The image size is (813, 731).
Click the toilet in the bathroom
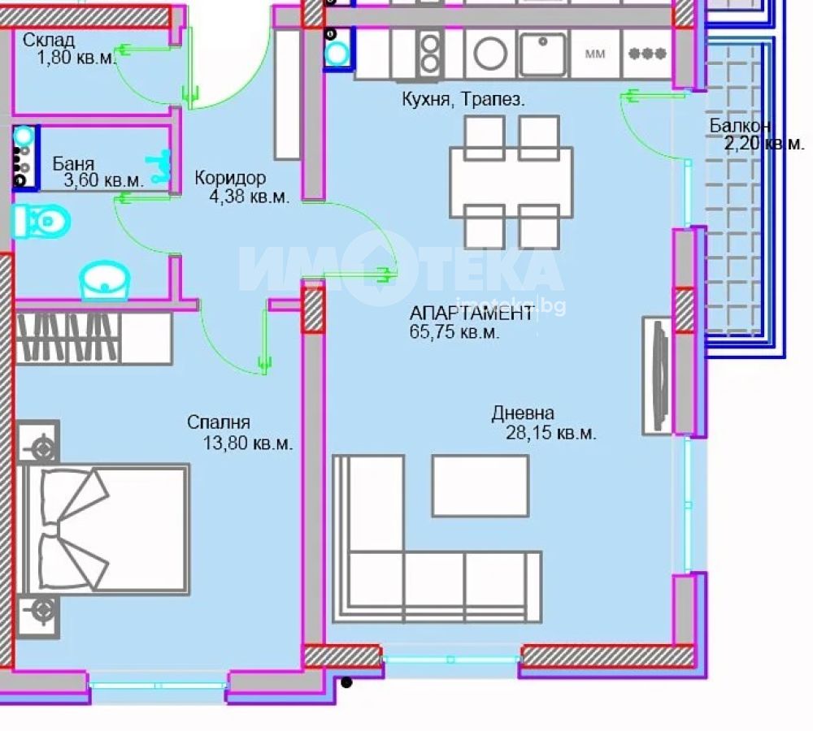click(x=41, y=222)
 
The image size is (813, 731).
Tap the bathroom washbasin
click(x=104, y=280)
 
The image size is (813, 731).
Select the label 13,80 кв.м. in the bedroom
click(x=248, y=443)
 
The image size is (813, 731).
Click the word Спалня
click(x=218, y=422)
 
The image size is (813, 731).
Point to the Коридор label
click(x=230, y=178)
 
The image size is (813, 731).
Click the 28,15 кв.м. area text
click(x=550, y=433)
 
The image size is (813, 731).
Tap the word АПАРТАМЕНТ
click(x=472, y=313)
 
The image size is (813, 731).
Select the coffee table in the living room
click(x=480, y=486)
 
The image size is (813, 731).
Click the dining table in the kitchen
click(x=511, y=183)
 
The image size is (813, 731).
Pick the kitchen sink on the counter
click(x=542, y=54)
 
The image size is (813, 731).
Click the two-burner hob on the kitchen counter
click(x=430, y=54)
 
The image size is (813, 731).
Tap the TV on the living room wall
click(x=658, y=375)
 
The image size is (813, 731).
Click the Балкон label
click(x=740, y=125)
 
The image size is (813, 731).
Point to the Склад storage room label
click(x=49, y=40)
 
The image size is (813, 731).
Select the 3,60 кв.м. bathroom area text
click(x=104, y=180)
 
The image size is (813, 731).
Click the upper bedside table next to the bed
click(x=38, y=442)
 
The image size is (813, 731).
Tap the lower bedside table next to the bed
click(x=38, y=616)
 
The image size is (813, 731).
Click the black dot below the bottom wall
click(x=347, y=683)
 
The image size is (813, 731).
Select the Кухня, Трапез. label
click(x=463, y=99)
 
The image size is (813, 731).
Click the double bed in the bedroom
click(x=104, y=529)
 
